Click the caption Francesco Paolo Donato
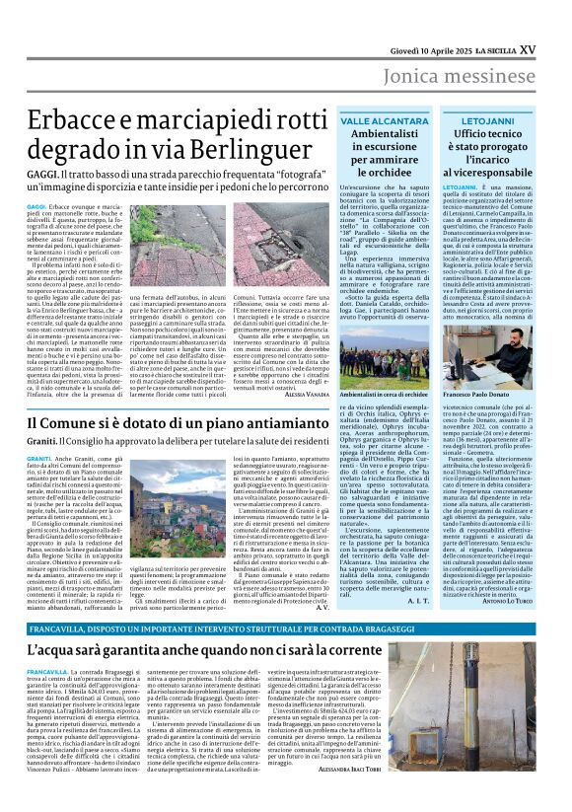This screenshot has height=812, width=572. (x=489, y=393)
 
